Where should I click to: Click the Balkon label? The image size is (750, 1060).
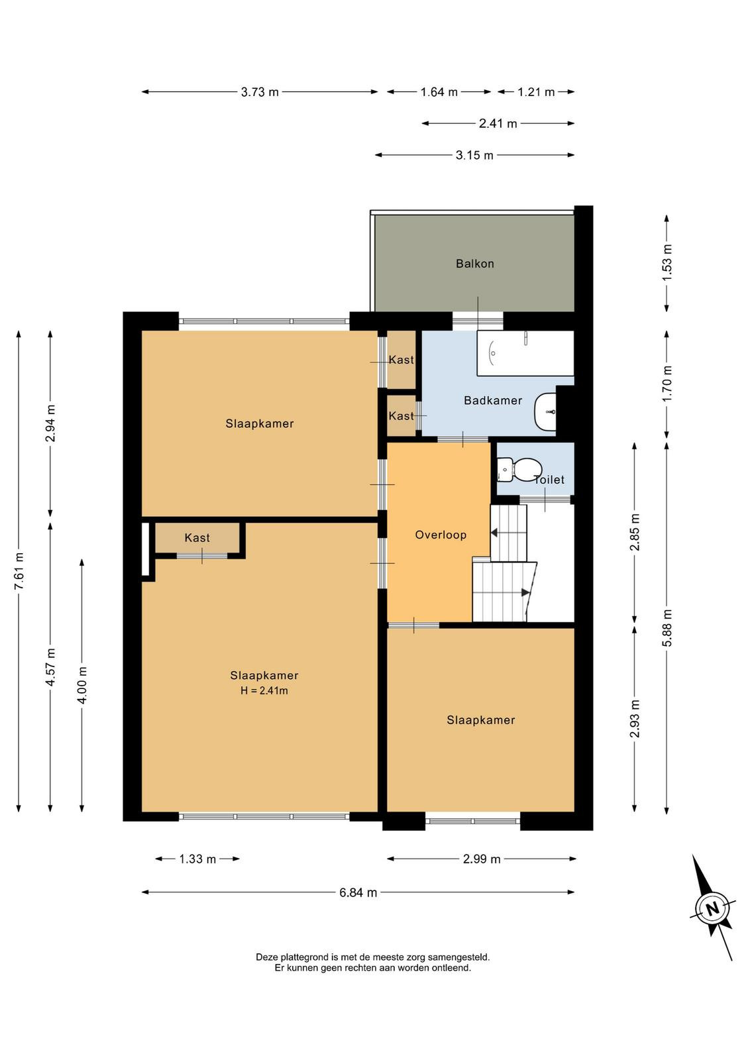click(474, 264)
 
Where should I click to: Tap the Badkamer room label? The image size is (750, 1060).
click(492, 400)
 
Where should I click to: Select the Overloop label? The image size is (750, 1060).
click(441, 535)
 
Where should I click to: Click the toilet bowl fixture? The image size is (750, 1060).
click(518, 470)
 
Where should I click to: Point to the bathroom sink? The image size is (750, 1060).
click(545, 411)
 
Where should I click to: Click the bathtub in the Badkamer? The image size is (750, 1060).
click(525, 353)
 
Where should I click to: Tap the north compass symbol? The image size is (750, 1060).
click(712, 908)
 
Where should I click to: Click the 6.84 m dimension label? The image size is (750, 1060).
click(358, 892)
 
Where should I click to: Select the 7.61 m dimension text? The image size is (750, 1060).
click(19, 571)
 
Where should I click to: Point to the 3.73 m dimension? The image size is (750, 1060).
click(260, 92)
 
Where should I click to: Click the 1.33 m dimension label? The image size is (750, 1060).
click(197, 859)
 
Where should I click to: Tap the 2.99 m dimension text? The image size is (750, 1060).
click(481, 859)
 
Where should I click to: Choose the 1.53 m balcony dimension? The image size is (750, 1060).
click(667, 262)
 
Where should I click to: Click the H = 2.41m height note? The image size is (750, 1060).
click(264, 690)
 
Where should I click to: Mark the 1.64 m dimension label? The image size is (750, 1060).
click(439, 92)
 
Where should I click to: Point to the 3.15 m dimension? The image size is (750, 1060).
click(474, 155)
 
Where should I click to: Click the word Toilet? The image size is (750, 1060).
click(549, 480)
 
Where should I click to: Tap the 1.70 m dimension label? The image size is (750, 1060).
click(667, 384)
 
